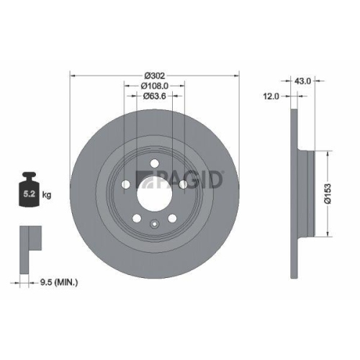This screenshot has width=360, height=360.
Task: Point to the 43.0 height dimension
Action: point(303,81)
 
